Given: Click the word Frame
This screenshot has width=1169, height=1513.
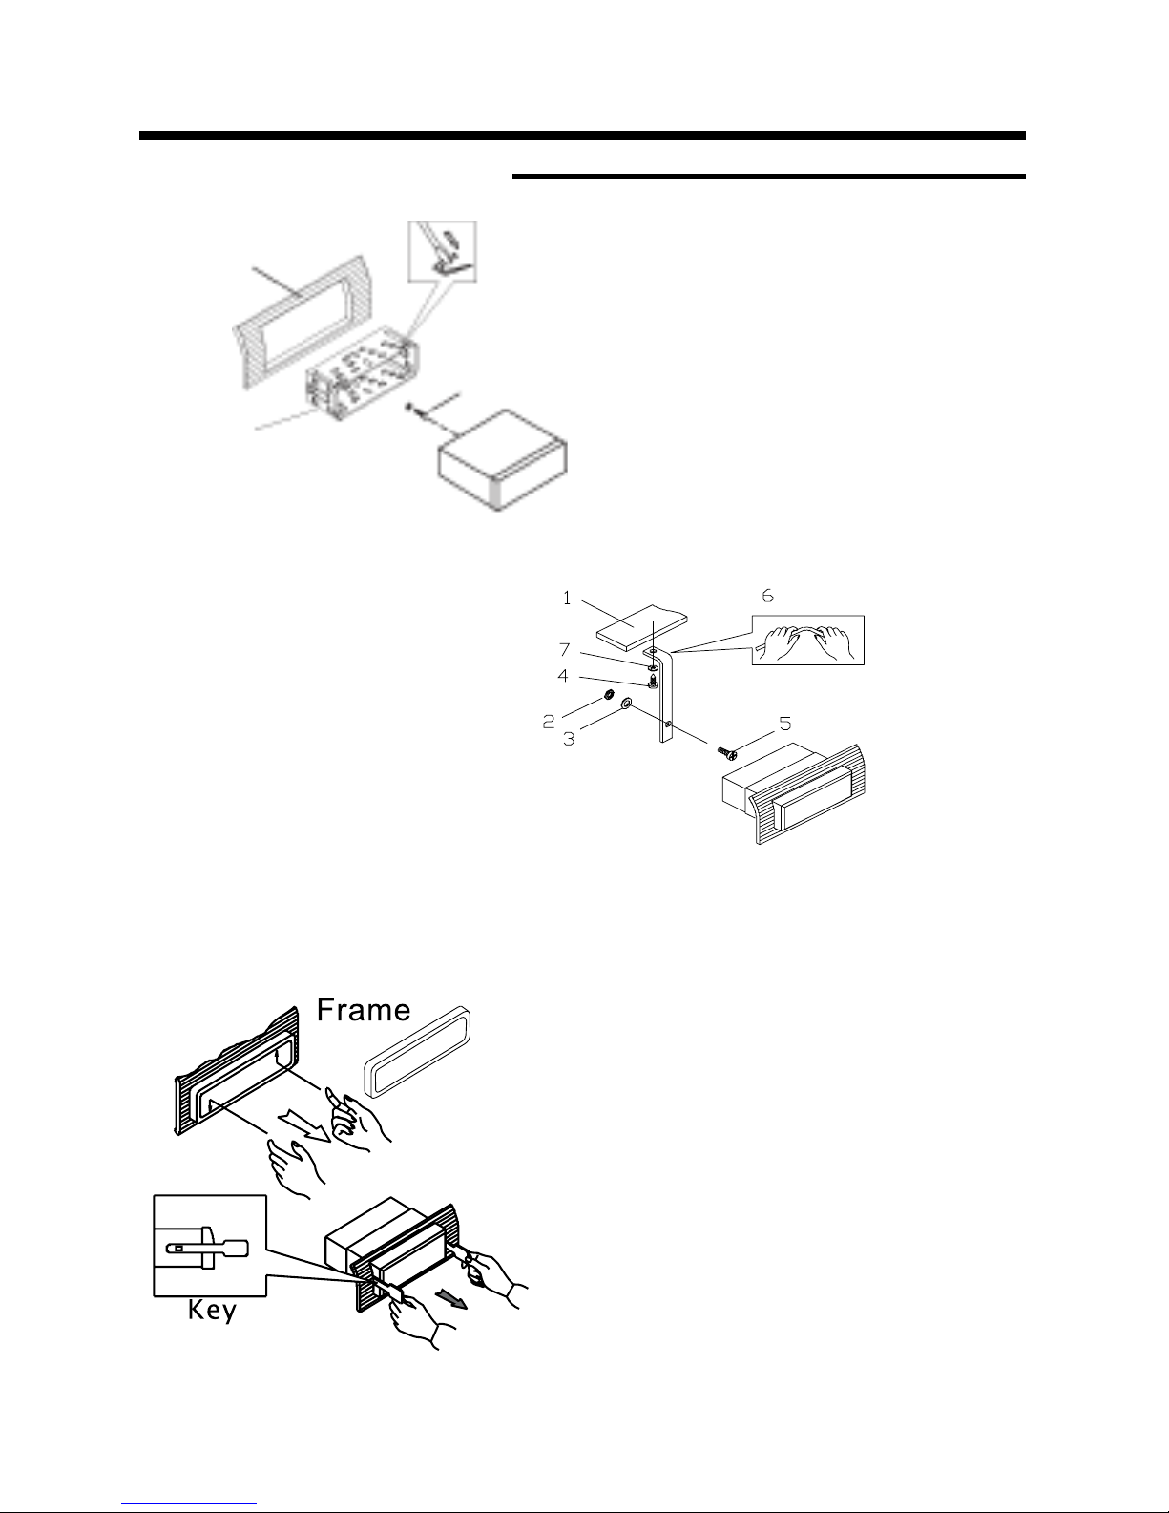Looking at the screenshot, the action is click(x=364, y=1010).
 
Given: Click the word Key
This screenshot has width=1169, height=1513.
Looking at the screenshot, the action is click(x=212, y=1312).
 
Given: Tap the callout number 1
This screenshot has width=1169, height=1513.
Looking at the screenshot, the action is click(x=567, y=599).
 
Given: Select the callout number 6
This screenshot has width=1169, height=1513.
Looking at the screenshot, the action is click(x=767, y=596).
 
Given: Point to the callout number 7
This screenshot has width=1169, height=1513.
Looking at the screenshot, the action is click(x=565, y=650).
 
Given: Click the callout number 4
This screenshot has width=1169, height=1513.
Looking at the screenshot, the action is click(x=563, y=676).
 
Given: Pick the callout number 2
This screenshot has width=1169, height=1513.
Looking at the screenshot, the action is click(x=549, y=722).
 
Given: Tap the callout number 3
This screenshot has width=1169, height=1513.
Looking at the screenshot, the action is click(x=569, y=740).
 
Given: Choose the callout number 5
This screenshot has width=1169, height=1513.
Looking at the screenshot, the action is click(x=785, y=724).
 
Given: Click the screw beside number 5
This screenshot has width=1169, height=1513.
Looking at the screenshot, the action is click(x=727, y=751).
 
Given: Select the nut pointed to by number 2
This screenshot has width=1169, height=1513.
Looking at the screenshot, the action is click(x=608, y=694).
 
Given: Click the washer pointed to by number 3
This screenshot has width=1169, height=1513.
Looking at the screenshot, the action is click(x=626, y=704).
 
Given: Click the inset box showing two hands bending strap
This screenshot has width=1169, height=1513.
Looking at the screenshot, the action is click(x=808, y=640).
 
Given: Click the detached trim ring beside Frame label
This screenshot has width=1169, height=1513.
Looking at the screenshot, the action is click(x=417, y=1051).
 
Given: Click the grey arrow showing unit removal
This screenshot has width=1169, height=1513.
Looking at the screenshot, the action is click(x=452, y=1298).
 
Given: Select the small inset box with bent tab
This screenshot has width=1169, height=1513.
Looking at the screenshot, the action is click(x=442, y=251).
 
